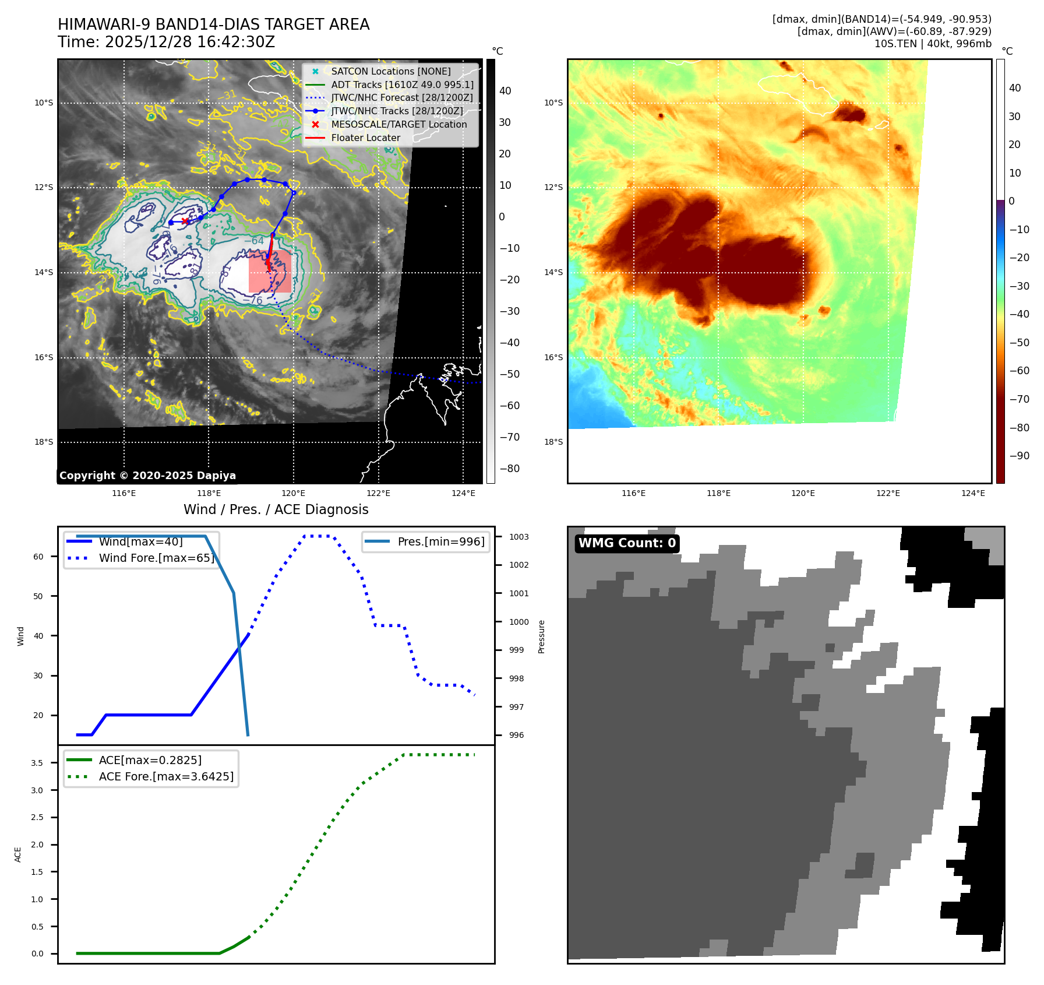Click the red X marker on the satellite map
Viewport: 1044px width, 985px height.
pos(185,221)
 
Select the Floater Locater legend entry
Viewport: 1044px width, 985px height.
pos(365,138)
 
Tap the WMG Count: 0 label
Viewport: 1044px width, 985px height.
pos(627,543)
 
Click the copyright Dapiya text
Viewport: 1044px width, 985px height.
pos(147,476)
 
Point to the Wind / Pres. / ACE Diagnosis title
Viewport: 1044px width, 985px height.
pos(276,509)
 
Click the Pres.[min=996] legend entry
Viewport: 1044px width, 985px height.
pos(440,541)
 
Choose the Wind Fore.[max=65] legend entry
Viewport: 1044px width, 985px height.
pos(156,558)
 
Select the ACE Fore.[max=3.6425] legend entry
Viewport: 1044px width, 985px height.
pos(166,776)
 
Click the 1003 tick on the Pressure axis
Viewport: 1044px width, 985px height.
pos(519,537)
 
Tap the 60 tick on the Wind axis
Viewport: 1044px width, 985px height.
pos(38,557)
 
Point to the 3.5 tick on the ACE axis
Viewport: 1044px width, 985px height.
pos(37,763)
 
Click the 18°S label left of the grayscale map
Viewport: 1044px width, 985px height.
pos(44,442)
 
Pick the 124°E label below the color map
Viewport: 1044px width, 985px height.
pos(973,493)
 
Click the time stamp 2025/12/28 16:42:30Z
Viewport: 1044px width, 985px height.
pos(189,42)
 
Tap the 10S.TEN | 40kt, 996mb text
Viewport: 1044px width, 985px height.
pos(933,44)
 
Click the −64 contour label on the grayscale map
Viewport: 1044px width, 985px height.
pos(254,241)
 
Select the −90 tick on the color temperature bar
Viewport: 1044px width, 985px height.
pos(1019,456)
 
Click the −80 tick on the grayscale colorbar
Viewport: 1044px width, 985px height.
pos(509,469)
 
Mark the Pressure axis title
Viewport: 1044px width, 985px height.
pos(541,636)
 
